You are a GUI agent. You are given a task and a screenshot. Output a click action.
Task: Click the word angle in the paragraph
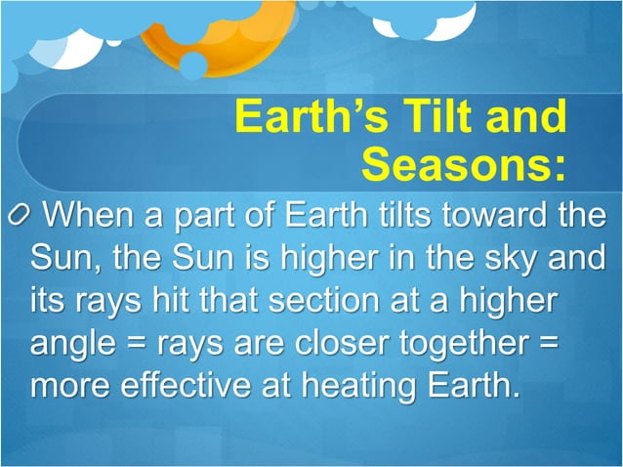coord(71,343)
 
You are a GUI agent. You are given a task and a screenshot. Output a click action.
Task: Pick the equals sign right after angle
coord(132,343)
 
